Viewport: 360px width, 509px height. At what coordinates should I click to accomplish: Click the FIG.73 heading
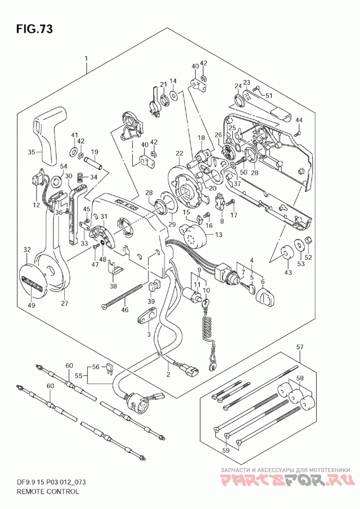click(x=34, y=29)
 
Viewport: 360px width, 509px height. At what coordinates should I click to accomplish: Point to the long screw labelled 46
click(x=122, y=297)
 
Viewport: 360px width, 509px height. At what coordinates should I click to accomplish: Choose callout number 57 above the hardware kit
click(x=299, y=347)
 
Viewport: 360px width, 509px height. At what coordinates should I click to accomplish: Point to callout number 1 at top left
click(x=77, y=59)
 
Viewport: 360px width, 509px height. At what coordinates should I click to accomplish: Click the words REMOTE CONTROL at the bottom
click(x=47, y=491)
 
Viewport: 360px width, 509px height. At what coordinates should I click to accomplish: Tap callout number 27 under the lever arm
click(x=64, y=303)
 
